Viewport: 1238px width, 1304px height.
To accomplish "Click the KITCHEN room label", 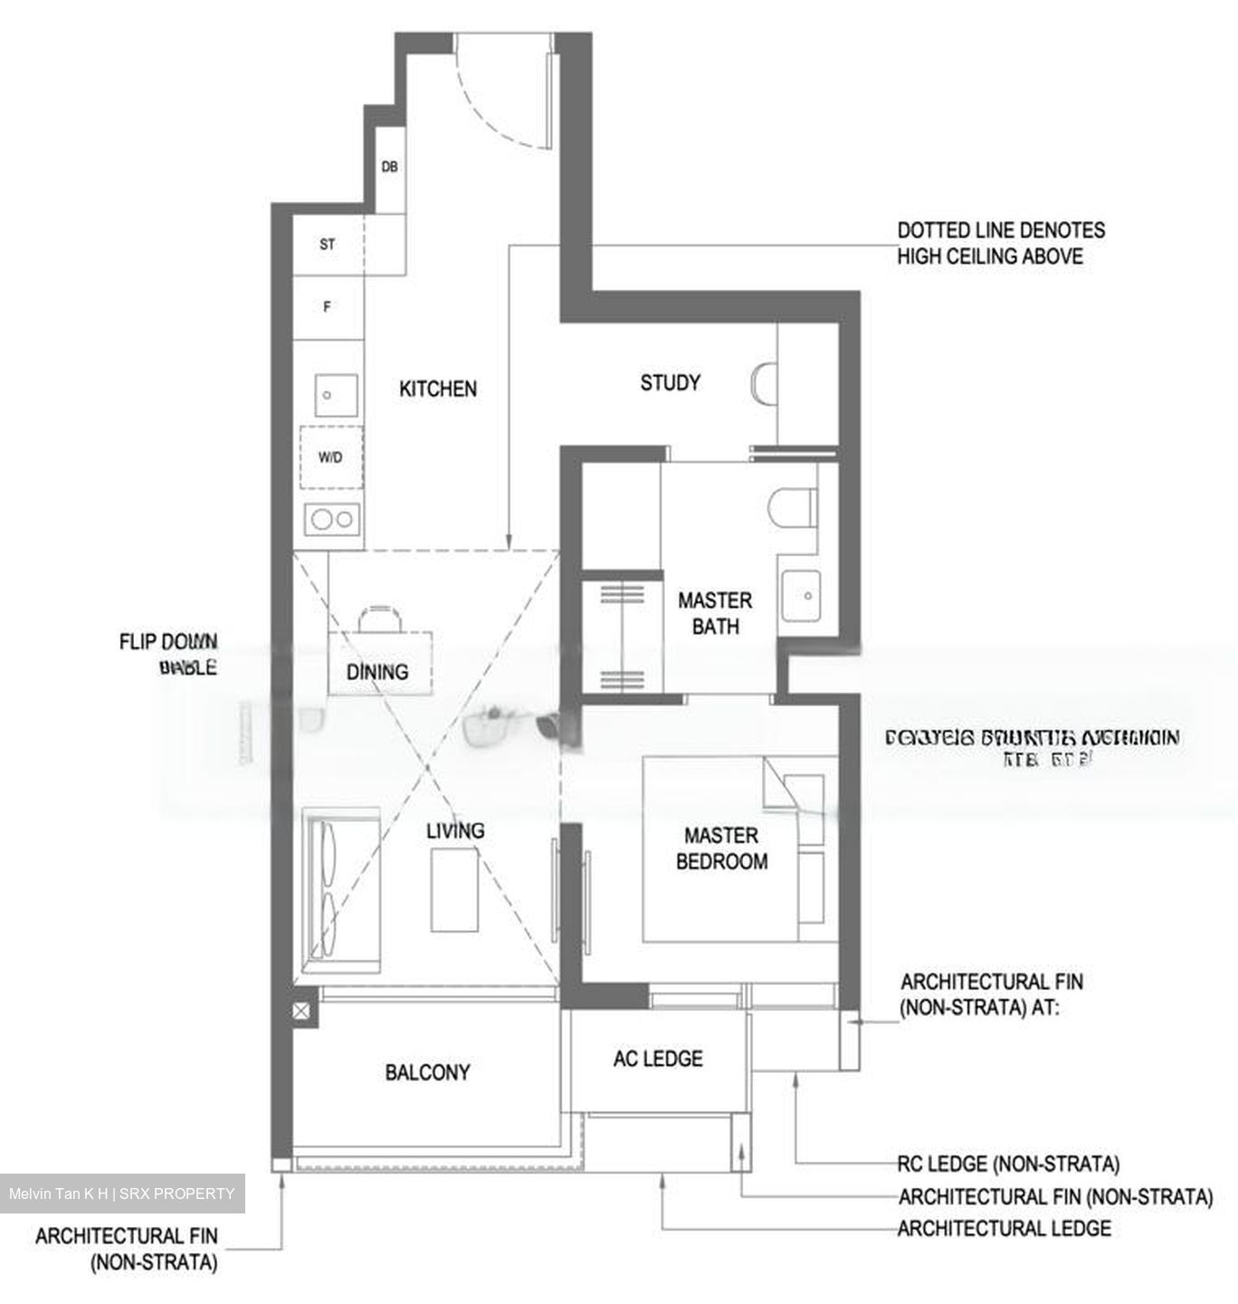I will [x=438, y=389].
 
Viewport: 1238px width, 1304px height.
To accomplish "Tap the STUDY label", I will [x=670, y=383].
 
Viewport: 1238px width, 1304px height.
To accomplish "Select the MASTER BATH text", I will [x=715, y=613].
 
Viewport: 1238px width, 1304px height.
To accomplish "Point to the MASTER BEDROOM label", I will [x=721, y=849].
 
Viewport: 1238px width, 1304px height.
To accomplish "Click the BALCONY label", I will [x=427, y=1073].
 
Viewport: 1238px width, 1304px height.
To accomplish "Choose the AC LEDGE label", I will [x=658, y=1059].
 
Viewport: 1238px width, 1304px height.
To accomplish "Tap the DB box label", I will [x=389, y=168].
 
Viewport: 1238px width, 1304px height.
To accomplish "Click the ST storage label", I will [x=328, y=244].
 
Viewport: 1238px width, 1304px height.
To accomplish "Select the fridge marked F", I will [x=328, y=307].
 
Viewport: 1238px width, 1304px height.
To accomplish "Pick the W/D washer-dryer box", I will [x=330, y=457].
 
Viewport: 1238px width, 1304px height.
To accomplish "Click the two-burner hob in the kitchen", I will [x=332, y=519].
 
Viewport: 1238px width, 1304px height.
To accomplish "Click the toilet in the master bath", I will [x=790, y=507].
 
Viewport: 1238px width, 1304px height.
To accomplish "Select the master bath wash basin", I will [x=800, y=596].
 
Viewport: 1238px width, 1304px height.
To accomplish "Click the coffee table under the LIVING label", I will [x=454, y=890].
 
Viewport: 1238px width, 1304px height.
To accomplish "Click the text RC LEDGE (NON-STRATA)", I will [x=1008, y=1164].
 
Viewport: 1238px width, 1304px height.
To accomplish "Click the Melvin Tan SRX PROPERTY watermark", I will [x=121, y=1194].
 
